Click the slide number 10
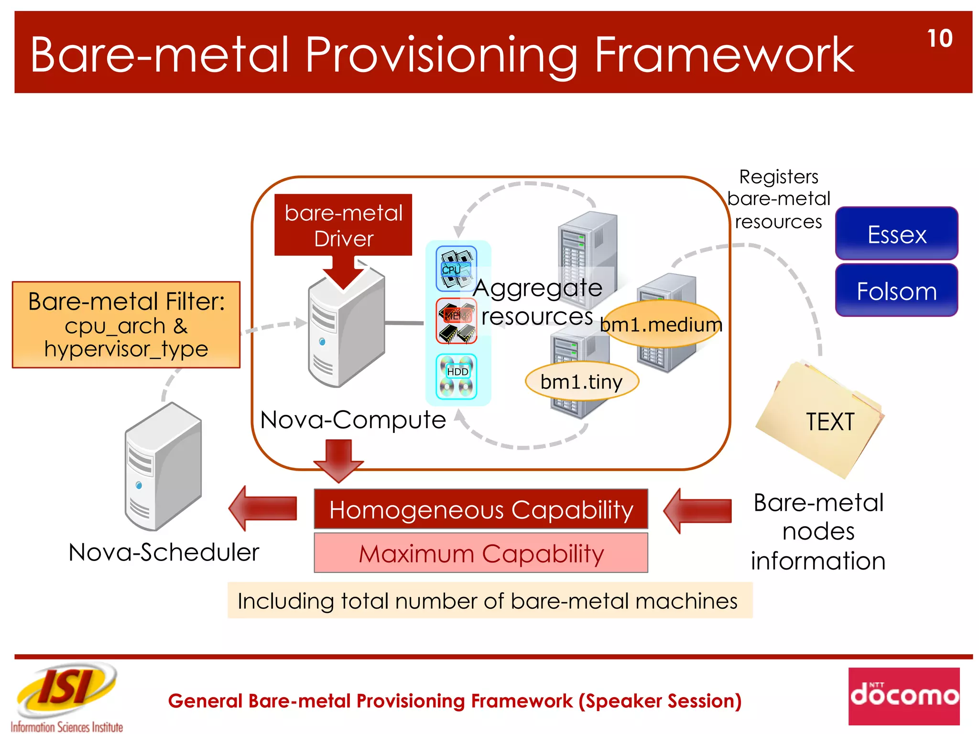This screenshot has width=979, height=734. (x=939, y=39)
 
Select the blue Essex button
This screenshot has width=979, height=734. (x=896, y=234)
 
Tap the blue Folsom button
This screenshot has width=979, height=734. (x=896, y=291)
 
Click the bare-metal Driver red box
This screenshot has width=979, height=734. (x=343, y=225)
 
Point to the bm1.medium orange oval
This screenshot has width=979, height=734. (x=662, y=324)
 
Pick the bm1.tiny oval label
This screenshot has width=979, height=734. (x=581, y=382)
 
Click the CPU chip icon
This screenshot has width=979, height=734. (x=456, y=269)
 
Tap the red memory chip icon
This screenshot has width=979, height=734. (x=457, y=321)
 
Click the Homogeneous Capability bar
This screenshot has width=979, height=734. (x=480, y=509)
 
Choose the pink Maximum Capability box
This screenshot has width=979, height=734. (x=480, y=553)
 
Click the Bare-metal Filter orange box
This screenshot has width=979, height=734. (x=126, y=325)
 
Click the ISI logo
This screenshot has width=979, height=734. (x=67, y=691)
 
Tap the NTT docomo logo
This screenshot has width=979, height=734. (x=903, y=696)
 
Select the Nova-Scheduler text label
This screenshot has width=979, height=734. (x=163, y=552)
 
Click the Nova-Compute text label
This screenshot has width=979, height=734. (x=353, y=420)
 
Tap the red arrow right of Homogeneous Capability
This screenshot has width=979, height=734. (x=697, y=510)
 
